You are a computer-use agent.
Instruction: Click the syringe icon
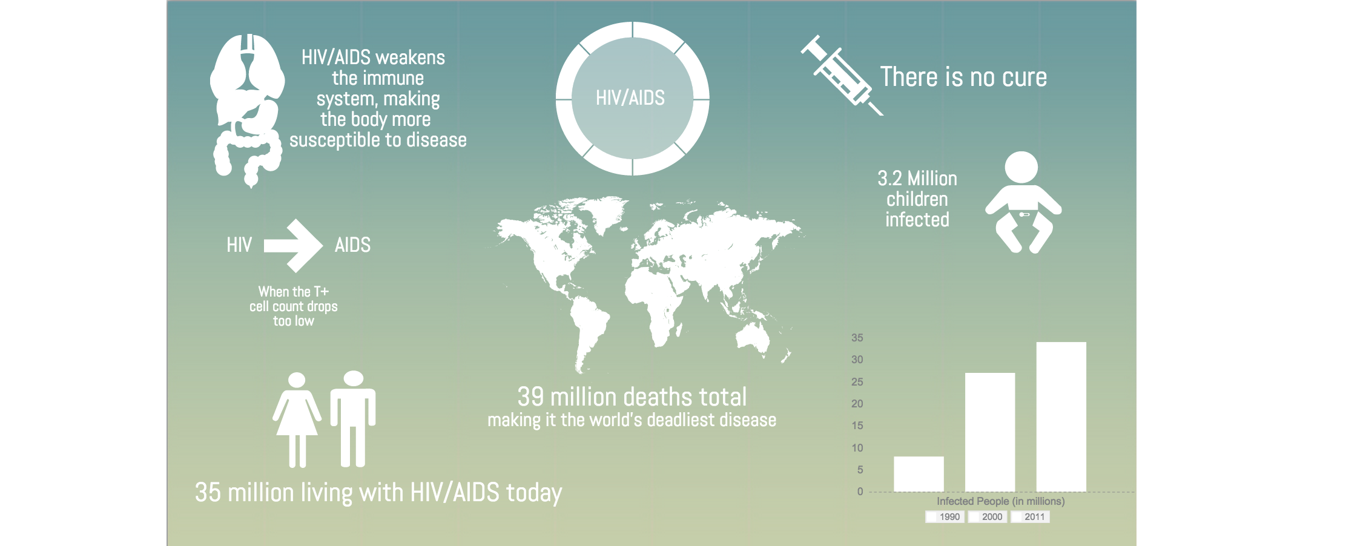842,75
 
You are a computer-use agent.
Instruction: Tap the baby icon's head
1021,168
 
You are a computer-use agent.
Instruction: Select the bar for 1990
919,474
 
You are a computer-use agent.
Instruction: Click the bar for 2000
990,432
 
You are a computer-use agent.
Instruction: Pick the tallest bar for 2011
1061,417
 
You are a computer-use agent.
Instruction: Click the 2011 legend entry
1030,517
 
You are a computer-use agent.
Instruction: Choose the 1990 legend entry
945,517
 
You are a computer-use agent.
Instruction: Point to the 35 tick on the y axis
857,338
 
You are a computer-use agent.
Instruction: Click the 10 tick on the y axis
857,448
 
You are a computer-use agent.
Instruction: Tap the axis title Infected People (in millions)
1001,501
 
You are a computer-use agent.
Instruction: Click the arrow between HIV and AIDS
293,245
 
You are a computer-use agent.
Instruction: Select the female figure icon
297,420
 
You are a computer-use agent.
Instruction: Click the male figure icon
353,419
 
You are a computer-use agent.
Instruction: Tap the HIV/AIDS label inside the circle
630,98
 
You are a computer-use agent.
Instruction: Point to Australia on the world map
753,338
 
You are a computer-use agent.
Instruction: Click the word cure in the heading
1024,77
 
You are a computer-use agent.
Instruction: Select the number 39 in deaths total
531,397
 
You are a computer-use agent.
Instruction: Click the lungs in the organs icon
248,67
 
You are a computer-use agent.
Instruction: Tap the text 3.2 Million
917,179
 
